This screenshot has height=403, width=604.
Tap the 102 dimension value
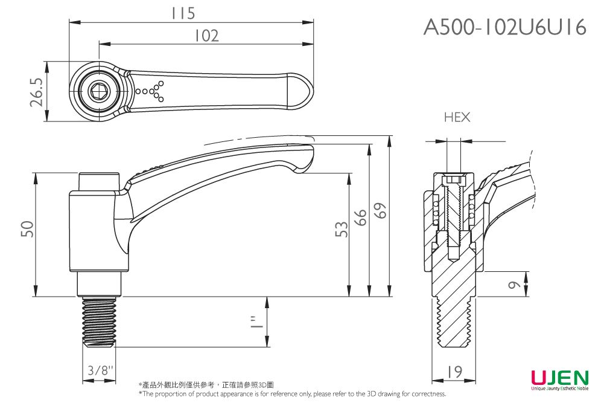[206, 36]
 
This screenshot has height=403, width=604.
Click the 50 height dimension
[27, 229]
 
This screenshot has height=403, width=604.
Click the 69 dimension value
[380, 211]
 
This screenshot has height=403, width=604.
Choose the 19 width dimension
[456, 372]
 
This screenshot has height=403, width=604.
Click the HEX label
[457, 117]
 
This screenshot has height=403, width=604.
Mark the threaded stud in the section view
[454, 323]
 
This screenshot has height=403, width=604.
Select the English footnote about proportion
[292, 394]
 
